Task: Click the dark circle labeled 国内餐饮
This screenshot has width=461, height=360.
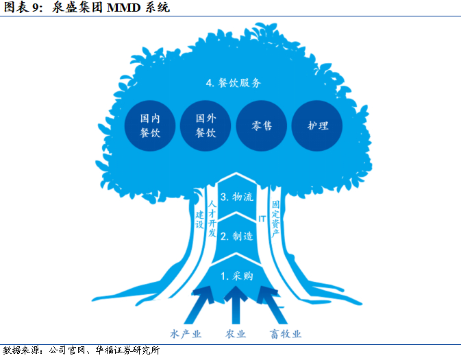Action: coord(149,125)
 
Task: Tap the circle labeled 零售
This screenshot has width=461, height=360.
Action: coord(262,126)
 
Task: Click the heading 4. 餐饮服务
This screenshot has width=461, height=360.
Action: coord(234,82)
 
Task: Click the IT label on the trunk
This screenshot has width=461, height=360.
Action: coord(261,219)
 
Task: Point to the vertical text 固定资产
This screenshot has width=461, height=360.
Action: coord(275,219)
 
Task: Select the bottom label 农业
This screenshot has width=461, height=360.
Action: coord(236,334)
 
